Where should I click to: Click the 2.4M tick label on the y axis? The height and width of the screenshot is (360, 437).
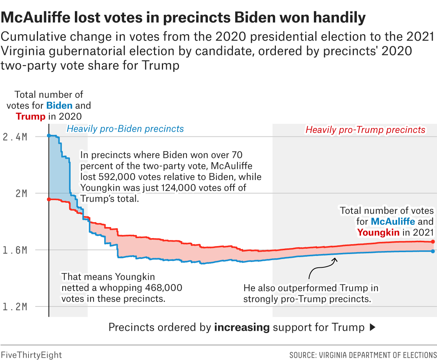(x=14, y=137)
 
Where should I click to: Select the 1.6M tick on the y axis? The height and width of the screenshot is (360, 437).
(x=14, y=250)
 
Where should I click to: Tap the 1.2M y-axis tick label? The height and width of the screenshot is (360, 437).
(x=14, y=307)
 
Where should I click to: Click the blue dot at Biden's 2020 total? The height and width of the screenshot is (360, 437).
(x=49, y=136)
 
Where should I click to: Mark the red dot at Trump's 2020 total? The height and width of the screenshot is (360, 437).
(x=49, y=199)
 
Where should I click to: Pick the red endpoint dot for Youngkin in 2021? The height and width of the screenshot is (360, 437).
(x=433, y=242)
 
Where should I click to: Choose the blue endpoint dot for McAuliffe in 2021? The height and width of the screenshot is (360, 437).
(x=433, y=251)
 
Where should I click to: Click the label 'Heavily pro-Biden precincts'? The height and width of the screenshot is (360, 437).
(x=125, y=129)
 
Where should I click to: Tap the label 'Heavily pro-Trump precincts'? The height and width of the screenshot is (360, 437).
(x=365, y=130)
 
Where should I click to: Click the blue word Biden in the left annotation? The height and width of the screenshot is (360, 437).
(x=59, y=105)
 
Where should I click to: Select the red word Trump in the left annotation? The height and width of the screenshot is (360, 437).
(x=30, y=116)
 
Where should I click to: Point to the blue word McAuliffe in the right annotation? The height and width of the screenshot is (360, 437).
(x=393, y=221)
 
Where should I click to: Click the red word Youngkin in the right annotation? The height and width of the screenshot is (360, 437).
(x=378, y=232)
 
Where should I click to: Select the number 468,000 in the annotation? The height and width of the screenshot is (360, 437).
(x=163, y=287)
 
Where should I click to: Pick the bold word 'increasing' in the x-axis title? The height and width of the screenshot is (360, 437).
(x=242, y=327)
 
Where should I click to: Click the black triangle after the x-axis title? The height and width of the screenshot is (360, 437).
(x=372, y=327)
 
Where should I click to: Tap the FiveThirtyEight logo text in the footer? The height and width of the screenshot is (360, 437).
(x=31, y=355)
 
